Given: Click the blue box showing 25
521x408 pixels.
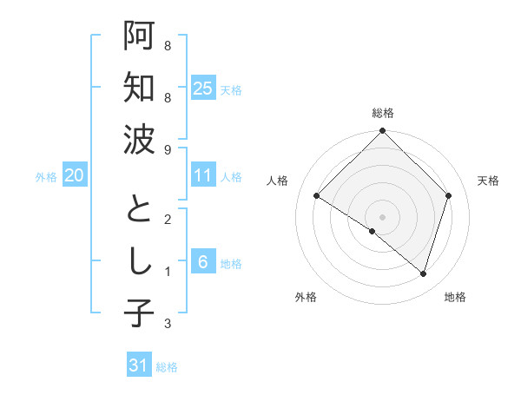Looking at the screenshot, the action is [x=202, y=88].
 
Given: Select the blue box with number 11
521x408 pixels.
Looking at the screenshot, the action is [x=202, y=175].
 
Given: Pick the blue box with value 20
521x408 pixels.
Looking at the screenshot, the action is [x=74, y=175].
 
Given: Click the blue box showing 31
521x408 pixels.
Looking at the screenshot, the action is [x=139, y=365].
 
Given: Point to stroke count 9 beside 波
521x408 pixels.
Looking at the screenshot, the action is [x=167, y=150].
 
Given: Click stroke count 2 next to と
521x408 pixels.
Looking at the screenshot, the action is [x=167, y=220].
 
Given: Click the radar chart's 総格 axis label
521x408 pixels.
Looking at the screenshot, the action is [x=382, y=113].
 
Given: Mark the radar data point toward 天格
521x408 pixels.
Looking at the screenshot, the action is [x=449, y=195].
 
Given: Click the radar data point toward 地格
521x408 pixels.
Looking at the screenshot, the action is [x=423, y=274].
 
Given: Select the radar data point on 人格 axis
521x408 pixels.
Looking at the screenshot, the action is [x=316, y=195].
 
